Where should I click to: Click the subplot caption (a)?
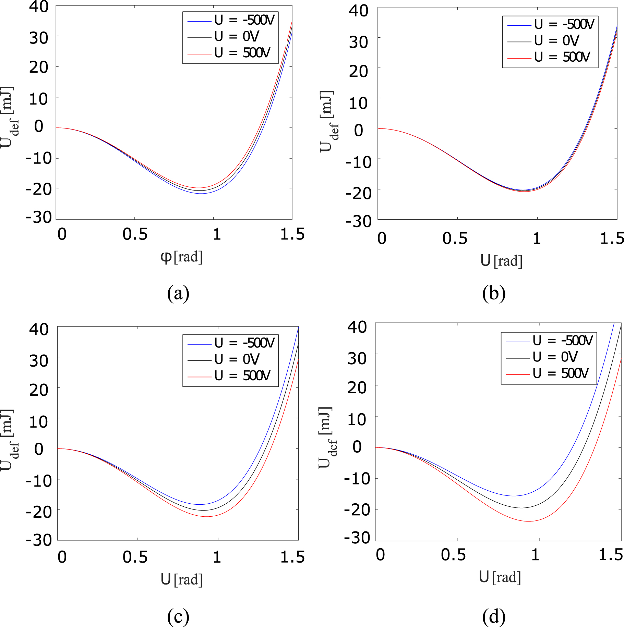178,294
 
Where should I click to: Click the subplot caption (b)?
493,294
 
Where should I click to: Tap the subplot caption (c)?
178,616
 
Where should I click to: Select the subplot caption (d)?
493,616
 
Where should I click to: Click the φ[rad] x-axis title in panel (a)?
181,257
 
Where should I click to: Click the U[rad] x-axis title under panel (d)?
500,577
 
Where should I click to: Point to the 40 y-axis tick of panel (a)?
39,7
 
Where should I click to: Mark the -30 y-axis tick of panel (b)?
358,221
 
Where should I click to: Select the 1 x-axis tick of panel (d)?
535,555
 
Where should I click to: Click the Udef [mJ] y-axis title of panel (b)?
328,122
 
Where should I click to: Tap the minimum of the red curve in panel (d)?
529,521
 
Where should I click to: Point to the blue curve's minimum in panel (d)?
513,496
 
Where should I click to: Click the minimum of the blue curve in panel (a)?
202,194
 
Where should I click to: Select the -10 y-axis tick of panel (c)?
39,481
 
